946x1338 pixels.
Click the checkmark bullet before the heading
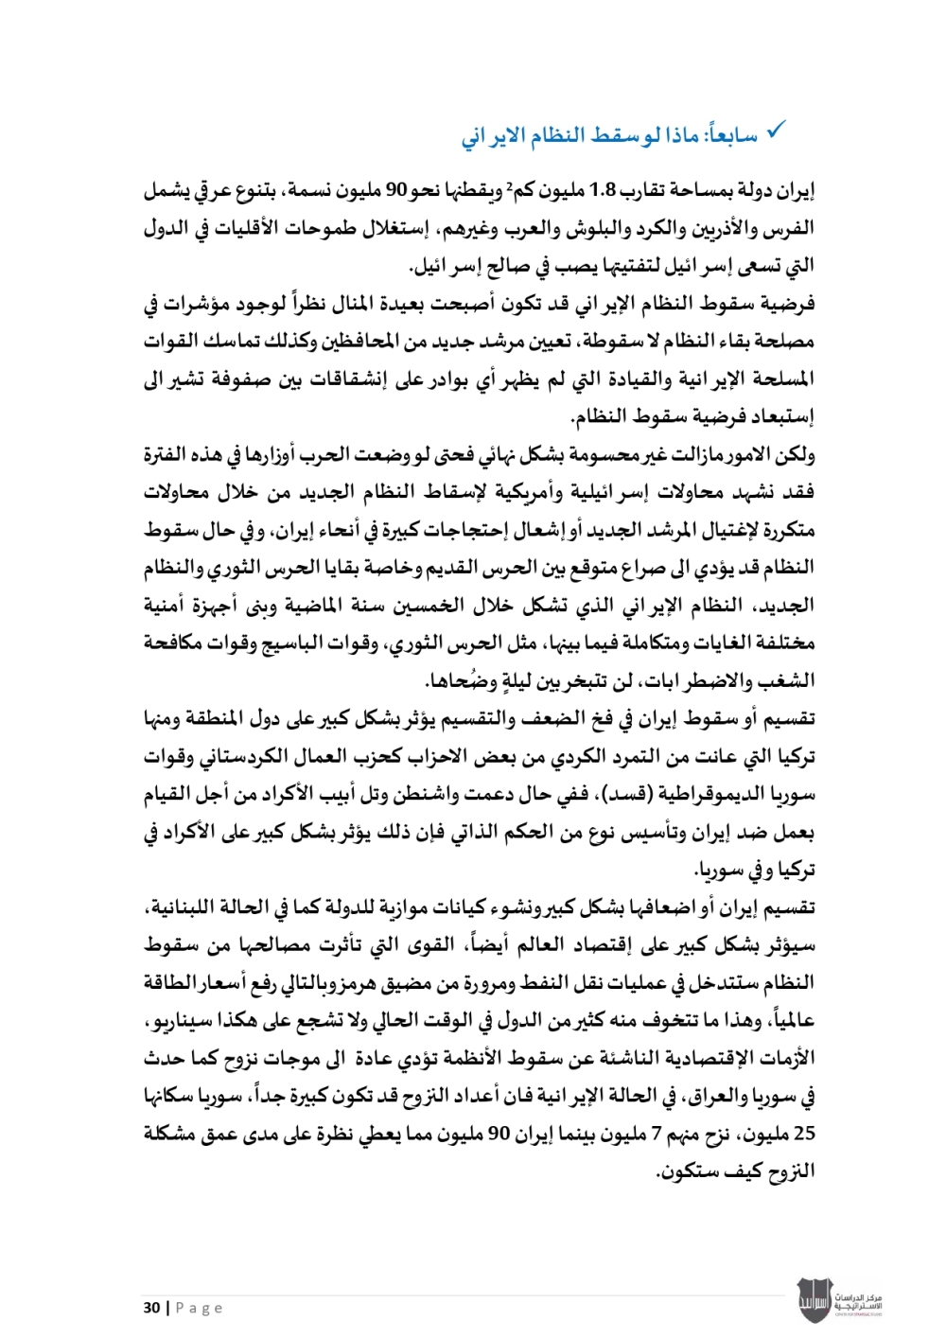(776, 131)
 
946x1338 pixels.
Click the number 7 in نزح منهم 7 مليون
(656, 1134)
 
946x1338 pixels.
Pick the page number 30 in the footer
(151, 1308)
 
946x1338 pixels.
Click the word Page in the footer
(199, 1308)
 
